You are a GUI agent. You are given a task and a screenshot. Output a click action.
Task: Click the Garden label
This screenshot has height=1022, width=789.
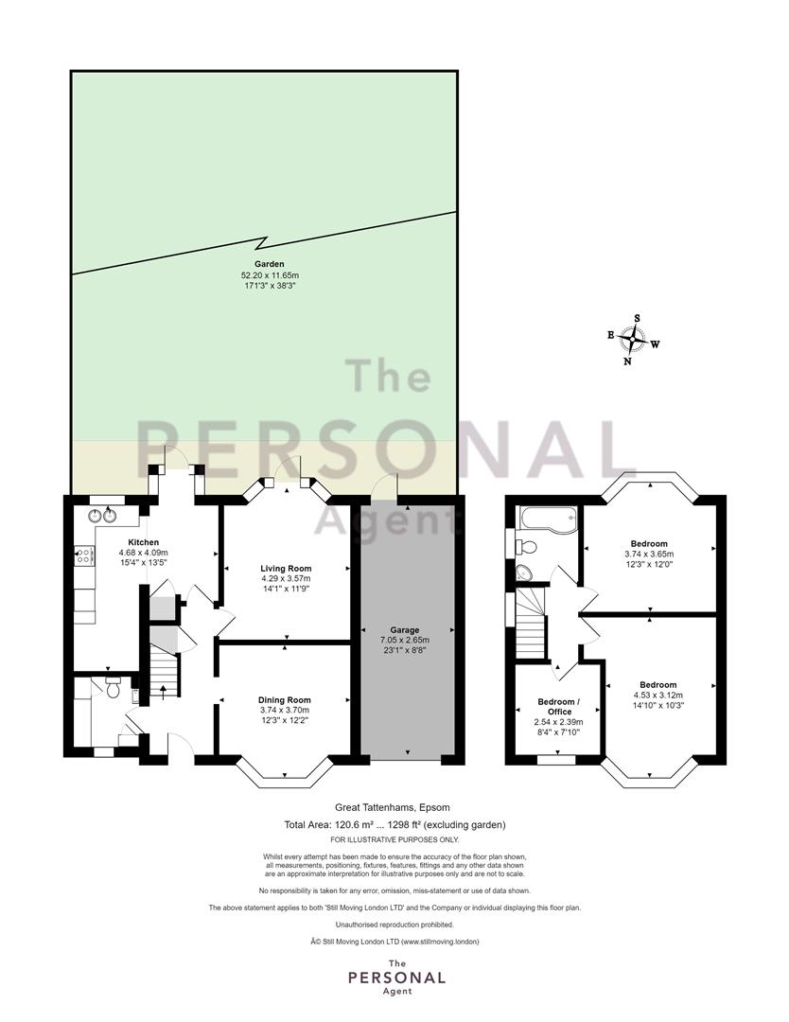point(269,264)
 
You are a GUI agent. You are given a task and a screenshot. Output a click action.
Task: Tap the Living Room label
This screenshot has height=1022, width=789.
point(286,569)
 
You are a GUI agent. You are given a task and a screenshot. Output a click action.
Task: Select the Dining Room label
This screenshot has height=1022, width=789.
point(284,700)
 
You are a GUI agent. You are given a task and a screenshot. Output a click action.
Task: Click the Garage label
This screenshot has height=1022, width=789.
point(405,630)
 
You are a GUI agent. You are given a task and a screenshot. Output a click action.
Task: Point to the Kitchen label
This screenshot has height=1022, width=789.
point(144,542)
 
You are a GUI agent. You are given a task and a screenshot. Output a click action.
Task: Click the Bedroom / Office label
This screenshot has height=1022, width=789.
point(558,707)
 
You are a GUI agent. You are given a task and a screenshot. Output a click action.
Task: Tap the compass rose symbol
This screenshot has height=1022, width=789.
point(633,339)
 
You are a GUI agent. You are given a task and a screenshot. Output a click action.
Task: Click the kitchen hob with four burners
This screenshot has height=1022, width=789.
point(85,556)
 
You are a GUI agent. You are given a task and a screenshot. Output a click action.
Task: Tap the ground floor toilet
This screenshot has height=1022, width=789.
point(114,687)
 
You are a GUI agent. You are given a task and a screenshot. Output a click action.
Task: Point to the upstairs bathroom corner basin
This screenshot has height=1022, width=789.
point(523,573)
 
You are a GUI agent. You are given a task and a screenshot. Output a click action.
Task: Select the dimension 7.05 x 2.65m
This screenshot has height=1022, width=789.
point(405,640)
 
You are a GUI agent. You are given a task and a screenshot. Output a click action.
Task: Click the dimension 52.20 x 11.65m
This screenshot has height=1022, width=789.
point(269,275)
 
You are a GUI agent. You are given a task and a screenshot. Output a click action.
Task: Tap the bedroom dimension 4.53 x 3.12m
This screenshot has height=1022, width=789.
point(658,695)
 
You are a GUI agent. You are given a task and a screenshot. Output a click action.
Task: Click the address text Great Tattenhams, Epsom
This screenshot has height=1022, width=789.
point(393,807)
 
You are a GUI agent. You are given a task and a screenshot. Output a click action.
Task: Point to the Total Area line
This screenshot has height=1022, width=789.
point(394,824)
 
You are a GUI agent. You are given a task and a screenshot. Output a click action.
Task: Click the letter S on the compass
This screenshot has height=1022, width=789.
point(638,318)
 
